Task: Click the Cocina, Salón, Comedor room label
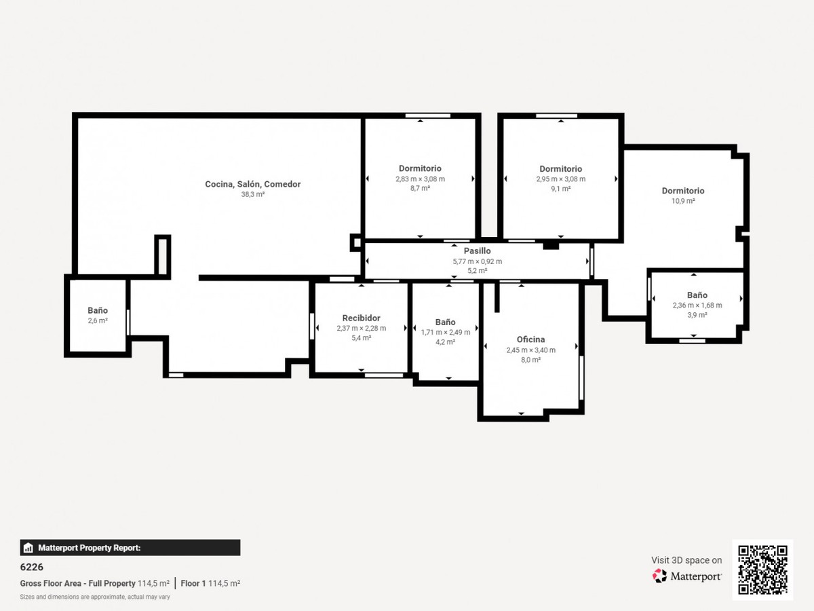tap(252, 185)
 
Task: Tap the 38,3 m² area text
tap(252, 194)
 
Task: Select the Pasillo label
tap(478, 251)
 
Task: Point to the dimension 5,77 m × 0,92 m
tap(478, 261)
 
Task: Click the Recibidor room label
tap(361, 318)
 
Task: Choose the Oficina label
tap(530, 339)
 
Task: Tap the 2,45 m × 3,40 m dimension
tap(530, 350)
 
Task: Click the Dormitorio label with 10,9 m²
tap(683, 191)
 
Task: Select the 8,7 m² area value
tap(420, 189)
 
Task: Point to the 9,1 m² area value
tap(561, 189)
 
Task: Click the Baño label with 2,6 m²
tap(98, 310)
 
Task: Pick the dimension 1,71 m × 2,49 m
tap(446, 333)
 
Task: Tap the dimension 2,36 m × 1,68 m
tap(697, 305)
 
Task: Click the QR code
tap(762, 570)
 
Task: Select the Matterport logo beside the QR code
tap(686, 576)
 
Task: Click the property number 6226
tap(31, 567)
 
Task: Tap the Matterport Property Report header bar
tap(130, 548)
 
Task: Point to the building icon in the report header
tap(28, 548)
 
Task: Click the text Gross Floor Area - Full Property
tap(77, 584)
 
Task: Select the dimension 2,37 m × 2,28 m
tap(361, 329)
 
